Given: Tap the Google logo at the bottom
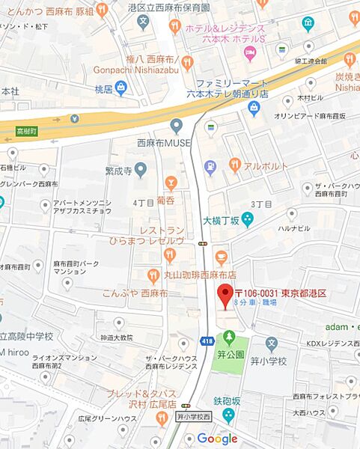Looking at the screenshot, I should point(217,439).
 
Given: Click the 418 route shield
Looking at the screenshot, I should point(207,340).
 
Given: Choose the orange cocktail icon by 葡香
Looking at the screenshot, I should point(171,182).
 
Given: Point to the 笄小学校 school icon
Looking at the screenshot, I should point(272,343).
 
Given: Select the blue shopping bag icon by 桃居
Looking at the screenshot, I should point(121,88).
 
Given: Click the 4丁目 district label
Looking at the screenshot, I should point(143,202).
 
